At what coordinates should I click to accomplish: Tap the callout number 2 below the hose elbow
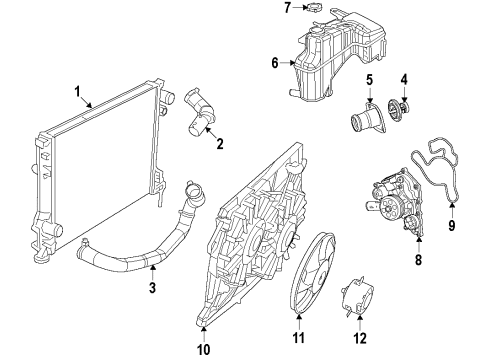[x=219, y=144]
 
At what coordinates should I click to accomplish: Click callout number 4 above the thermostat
[x=405, y=79]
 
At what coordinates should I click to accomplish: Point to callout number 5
[x=369, y=80]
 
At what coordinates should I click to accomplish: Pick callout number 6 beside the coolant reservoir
[x=274, y=62]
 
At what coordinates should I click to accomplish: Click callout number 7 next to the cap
[x=286, y=8]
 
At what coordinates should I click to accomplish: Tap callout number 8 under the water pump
[x=418, y=260]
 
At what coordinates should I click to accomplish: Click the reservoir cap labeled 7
[x=317, y=8]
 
